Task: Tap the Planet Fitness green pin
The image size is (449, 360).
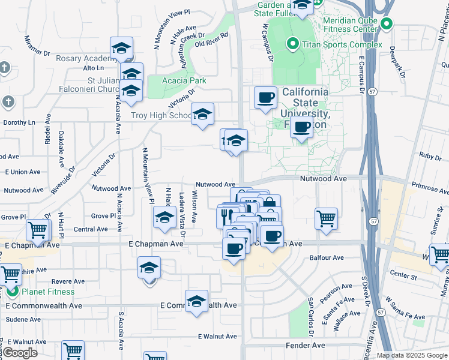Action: tap(12, 292)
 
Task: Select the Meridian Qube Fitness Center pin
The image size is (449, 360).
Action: tap(387, 25)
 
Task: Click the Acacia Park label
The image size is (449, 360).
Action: tap(185, 80)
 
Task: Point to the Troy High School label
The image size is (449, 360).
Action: tap(161, 115)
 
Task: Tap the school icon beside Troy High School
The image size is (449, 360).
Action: tap(203, 113)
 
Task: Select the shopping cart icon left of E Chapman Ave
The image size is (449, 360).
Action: tap(37, 230)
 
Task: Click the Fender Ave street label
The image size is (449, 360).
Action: tap(305, 346)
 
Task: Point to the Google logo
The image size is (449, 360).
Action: tap(19, 353)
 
